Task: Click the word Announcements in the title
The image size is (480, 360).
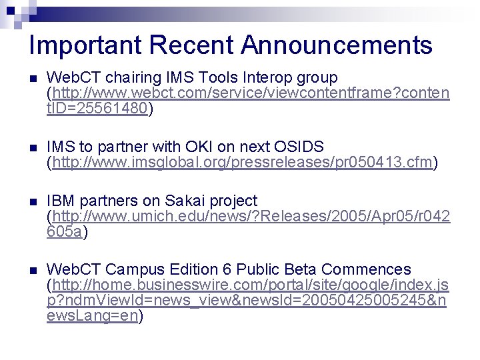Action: [337, 45]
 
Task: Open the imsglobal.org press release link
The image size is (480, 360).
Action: [243, 163]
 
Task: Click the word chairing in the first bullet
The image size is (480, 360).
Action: [125, 77]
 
